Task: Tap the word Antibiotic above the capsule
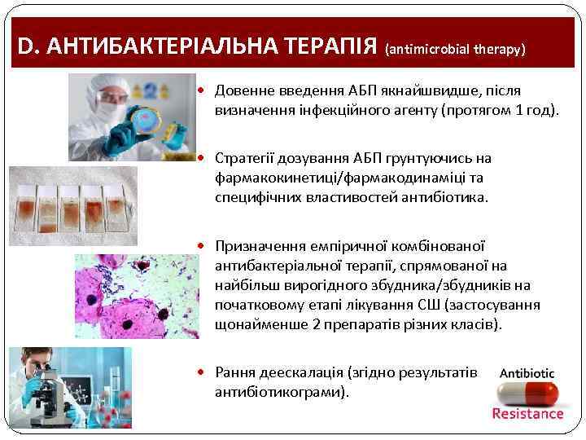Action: [527, 373]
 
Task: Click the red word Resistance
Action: [527, 414]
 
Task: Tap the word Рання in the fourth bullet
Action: [235, 372]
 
